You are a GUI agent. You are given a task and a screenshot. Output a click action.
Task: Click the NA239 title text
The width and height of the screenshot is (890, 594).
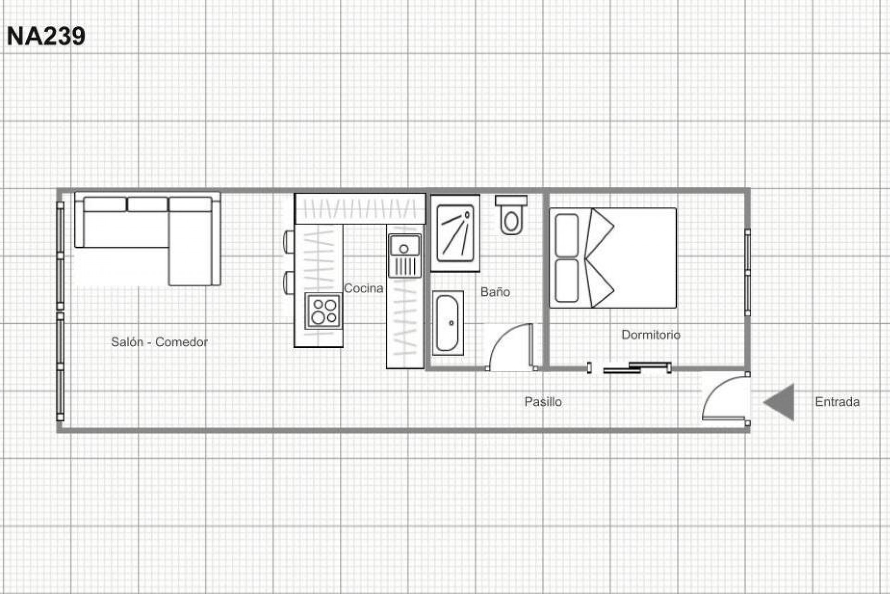point(46,36)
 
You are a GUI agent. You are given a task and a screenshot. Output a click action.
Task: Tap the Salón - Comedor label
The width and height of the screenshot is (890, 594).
point(159,342)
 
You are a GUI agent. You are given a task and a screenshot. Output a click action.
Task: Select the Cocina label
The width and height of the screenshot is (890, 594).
point(363,288)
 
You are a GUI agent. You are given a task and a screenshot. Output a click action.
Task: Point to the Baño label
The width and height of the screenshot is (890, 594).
point(495,292)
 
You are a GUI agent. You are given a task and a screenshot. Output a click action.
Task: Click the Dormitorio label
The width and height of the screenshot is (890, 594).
point(650,335)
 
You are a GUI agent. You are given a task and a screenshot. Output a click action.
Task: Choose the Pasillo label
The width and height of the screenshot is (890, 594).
point(543,401)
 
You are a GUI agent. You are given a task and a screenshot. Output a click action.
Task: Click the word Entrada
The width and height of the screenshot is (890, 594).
point(837,401)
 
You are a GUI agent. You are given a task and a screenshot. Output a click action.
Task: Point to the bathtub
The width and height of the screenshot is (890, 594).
point(447,323)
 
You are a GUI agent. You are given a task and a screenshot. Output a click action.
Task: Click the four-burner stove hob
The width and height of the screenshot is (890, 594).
point(324,311)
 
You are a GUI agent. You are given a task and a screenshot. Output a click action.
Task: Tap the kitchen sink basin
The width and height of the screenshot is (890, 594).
point(404,246)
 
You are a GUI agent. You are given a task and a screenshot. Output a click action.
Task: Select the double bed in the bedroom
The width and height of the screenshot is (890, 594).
point(613,258)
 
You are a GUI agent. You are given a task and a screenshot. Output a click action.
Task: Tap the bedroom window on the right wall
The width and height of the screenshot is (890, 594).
point(747,272)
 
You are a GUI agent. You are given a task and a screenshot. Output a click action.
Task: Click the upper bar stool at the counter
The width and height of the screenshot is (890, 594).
point(288,242)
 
